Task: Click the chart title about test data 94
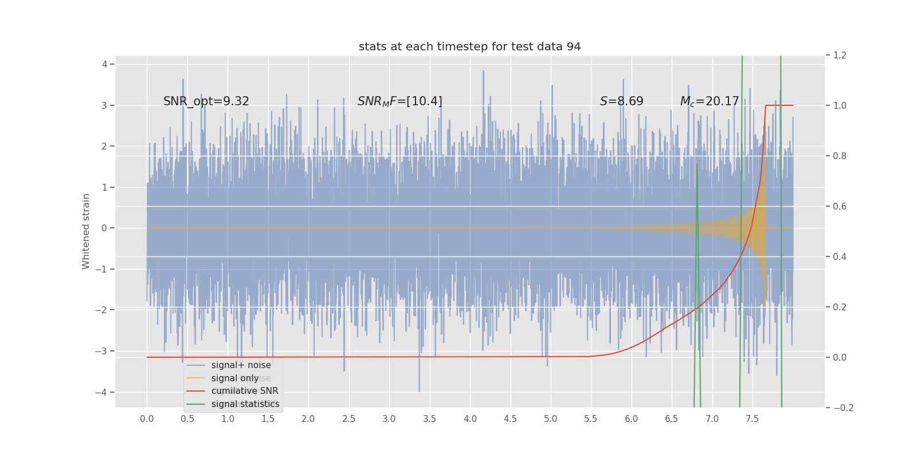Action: click(469, 47)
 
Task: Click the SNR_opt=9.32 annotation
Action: click(206, 101)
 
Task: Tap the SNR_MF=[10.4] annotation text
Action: click(399, 101)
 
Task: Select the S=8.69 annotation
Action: click(621, 101)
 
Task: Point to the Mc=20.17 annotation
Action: click(709, 101)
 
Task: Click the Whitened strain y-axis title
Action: click(86, 231)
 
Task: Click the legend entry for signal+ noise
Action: click(241, 365)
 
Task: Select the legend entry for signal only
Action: click(235, 378)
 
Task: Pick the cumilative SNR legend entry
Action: click(245, 391)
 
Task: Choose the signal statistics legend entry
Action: click(245, 404)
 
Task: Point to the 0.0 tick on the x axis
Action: click(147, 419)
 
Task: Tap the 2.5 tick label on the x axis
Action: click(348, 419)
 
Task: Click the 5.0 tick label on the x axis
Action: click(550, 419)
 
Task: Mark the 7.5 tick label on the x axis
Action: click(752, 419)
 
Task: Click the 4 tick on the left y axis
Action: click(105, 64)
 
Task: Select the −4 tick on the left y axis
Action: click(101, 392)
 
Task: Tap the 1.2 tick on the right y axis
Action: click(840, 56)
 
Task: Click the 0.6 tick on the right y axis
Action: click(840, 206)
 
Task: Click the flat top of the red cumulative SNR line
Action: click(779, 105)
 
